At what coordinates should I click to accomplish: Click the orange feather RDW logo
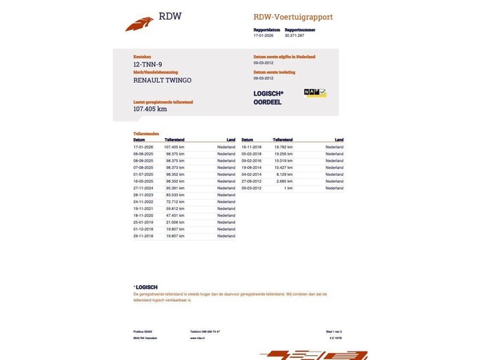click(x=139, y=24)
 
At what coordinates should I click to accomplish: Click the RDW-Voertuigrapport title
click(x=293, y=17)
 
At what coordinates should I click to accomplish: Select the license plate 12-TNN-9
click(x=147, y=64)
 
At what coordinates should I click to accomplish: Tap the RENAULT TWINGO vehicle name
click(x=162, y=80)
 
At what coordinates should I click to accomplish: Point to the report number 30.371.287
click(x=294, y=35)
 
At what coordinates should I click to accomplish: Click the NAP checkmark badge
click(x=315, y=92)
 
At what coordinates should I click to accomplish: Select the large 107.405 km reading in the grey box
click(x=150, y=109)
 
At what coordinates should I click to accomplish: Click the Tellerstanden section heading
click(x=146, y=133)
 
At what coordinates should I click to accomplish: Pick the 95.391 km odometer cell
click(x=175, y=188)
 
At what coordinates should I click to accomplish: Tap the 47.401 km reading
click(x=175, y=216)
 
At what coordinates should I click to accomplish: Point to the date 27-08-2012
click(x=252, y=181)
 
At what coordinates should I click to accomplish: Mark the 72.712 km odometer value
click(x=175, y=202)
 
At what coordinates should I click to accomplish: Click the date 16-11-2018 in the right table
click(x=252, y=147)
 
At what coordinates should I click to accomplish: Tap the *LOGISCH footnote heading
click(x=145, y=287)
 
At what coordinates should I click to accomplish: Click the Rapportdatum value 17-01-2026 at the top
click(x=262, y=35)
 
